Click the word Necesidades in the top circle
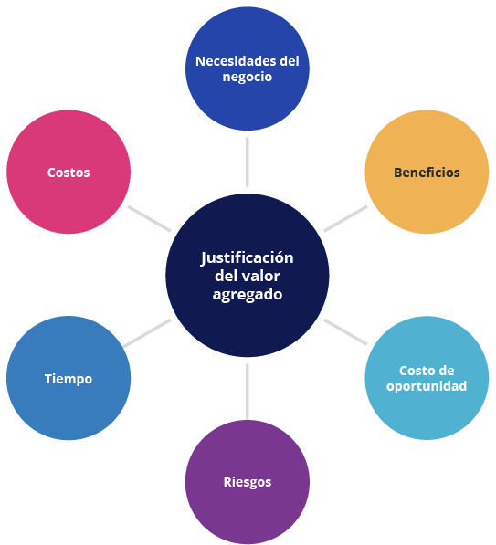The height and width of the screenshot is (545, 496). pyautogui.click(x=236, y=61)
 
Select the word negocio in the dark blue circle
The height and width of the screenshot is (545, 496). pyautogui.click(x=248, y=78)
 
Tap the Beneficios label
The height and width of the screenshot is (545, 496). pyautogui.click(x=427, y=173)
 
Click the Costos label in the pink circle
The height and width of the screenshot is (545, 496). pyautogui.click(x=69, y=173)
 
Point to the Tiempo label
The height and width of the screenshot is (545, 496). pyautogui.click(x=69, y=379)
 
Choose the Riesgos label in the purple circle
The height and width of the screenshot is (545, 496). pyautogui.click(x=248, y=482)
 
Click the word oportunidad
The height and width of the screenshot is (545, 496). pyautogui.click(x=427, y=386)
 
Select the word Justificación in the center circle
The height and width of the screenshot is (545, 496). pyautogui.click(x=248, y=258)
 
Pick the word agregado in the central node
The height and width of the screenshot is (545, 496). pyautogui.click(x=248, y=295)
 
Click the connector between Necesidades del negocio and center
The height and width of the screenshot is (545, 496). pyautogui.click(x=248, y=162)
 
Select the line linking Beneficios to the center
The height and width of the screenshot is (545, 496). pyautogui.click(x=345, y=218)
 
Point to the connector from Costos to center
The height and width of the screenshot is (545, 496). pyautogui.click(x=150, y=218)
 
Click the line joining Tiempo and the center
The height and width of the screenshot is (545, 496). pyautogui.click(x=147, y=333)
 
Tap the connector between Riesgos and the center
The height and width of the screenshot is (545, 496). pyautogui.click(x=248, y=392)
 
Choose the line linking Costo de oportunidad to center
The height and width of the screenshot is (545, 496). pyautogui.click(x=345, y=332)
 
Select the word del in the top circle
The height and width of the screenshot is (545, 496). pyautogui.click(x=290, y=61)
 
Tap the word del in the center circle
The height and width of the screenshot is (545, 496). pyautogui.click(x=227, y=276)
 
